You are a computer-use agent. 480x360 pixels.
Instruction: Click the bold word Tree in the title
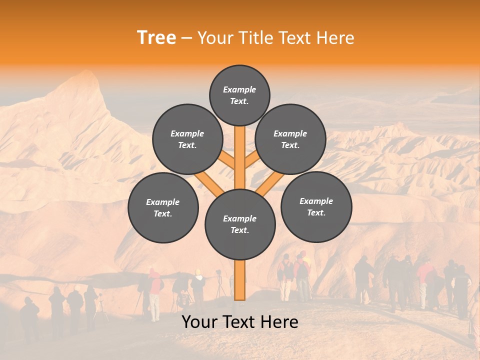[156, 38]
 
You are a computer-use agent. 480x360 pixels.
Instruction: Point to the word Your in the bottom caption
[199, 322]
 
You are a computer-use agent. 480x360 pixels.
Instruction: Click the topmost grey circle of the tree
[239, 95]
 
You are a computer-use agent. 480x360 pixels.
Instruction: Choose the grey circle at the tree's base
[240, 224]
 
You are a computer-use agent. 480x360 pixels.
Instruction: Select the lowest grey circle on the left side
[163, 207]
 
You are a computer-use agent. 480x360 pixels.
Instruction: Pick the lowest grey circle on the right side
[316, 206]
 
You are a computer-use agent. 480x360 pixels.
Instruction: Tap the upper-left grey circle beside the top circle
[187, 139]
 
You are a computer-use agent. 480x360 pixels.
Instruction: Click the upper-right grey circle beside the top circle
[290, 139]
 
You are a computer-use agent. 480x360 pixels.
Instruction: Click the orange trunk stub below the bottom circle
[240, 280]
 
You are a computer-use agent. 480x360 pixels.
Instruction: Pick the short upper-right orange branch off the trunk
[251, 160]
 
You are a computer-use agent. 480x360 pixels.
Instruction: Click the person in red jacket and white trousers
[155, 295]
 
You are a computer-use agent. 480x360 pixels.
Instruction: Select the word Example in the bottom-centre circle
[239, 218]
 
